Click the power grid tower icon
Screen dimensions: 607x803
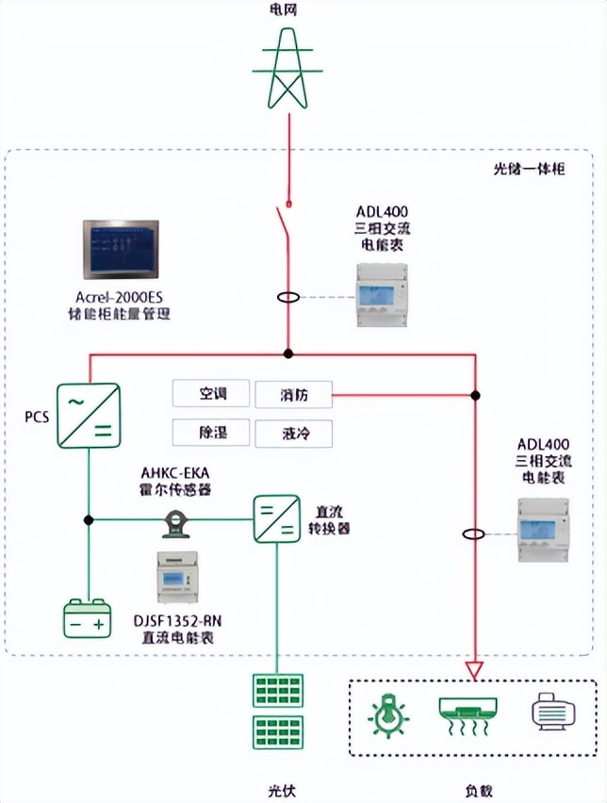287,68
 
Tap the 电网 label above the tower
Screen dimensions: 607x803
284,9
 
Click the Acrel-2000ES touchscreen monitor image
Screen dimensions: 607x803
121,250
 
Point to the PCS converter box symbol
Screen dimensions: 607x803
89,416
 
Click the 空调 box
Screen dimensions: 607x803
211,393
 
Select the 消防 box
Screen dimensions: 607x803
293,394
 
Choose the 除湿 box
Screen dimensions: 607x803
211,433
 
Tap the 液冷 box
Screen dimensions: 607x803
293,434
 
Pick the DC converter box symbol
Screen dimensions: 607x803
276,518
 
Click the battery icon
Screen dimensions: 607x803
88,618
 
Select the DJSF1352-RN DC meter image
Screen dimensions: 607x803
177,577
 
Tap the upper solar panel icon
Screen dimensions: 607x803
278,690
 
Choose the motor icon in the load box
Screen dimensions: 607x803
553,711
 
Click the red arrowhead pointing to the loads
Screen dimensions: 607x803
474,670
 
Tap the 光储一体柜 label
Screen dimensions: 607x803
529,169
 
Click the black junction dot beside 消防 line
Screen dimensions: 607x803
475,395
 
